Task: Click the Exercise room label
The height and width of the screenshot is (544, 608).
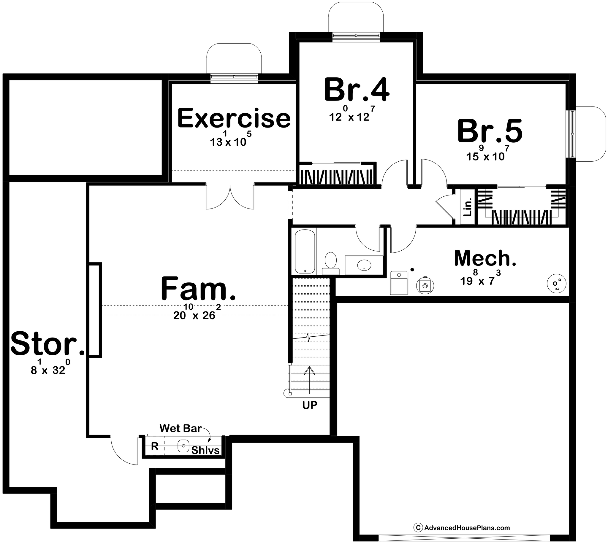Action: pos(234,118)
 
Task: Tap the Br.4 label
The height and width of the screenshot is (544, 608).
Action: pos(357,90)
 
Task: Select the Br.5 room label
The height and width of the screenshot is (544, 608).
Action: pos(490,131)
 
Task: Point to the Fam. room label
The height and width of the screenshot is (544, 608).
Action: pos(198,288)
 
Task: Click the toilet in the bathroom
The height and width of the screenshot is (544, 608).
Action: pos(331,263)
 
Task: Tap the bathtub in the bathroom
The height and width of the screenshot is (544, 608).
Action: pos(305,251)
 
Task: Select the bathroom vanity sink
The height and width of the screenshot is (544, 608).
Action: pos(364,265)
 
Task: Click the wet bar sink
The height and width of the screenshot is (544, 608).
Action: pos(183,446)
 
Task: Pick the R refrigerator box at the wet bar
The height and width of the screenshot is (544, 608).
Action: pos(155,446)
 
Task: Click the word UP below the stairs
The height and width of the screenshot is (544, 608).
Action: pos(310,405)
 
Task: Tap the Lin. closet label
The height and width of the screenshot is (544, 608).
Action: pos(467,207)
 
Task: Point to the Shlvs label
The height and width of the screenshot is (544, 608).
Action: pos(205,450)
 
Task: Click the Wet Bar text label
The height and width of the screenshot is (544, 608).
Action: pos(181,428)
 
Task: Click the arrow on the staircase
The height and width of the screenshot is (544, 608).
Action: pos(309,380)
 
